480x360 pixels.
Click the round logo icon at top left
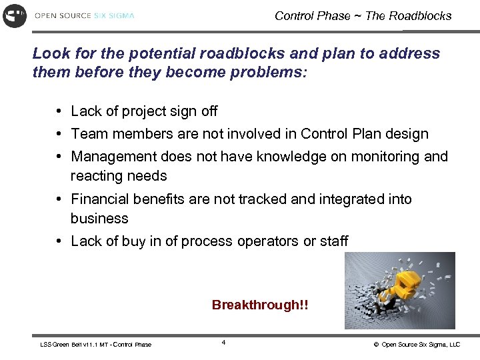point(15,15)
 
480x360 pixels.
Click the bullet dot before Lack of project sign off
point(60,111)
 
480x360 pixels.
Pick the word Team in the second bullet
point(89,134)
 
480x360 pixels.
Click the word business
point(99,219)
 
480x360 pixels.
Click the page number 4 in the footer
point(223,343)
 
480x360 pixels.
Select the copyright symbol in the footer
point(376,345)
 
